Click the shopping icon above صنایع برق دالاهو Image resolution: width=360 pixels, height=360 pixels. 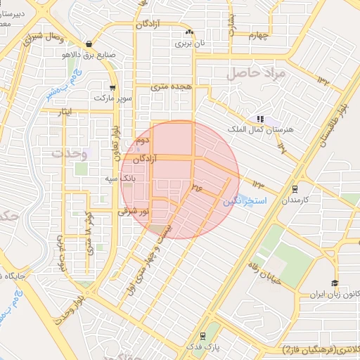[88, 43]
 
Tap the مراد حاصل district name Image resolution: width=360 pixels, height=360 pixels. [256, 72]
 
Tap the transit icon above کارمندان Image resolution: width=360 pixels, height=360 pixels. [295, 188]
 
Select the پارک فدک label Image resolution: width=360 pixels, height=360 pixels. [202, 347]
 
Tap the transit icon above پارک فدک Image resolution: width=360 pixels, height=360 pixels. [202, 335]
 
